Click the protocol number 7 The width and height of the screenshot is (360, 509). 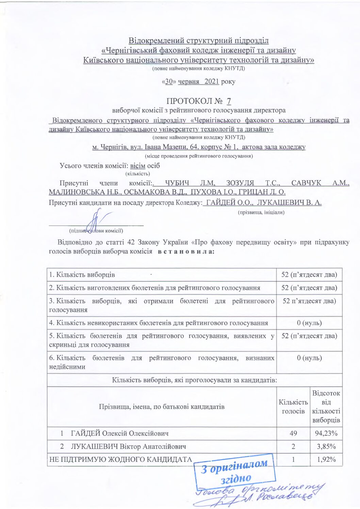pyautogui.click(x=229, y=101)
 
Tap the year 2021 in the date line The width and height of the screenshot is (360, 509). pyautogui.click(x=212, y=82)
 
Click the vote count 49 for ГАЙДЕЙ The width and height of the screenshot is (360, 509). pyautogui.click(x=293, y=433)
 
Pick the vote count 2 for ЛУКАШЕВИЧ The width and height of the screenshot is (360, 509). pyautogui.click(x=293, y=446)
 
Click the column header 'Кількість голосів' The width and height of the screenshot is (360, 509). pyautogui.click(x=293, y=407)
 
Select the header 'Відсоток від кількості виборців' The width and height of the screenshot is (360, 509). pyautogui.click(x=326, y=407)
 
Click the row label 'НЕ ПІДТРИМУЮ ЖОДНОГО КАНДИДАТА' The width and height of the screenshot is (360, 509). pyautogui.click(x=121, y=460)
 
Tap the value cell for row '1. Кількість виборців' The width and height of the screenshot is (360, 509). pyautogui.click(x=309, y=275)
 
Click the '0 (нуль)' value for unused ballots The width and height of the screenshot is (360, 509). pyautogui.click(x=309, y=323)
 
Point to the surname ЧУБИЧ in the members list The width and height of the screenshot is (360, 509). pyautogui.click(x=177, y=183)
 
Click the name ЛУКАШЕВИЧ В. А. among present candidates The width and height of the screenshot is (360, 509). pyautogui.click(x=289, y=202)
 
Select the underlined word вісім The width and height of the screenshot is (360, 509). pyautogui.click(x=137, y=166)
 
